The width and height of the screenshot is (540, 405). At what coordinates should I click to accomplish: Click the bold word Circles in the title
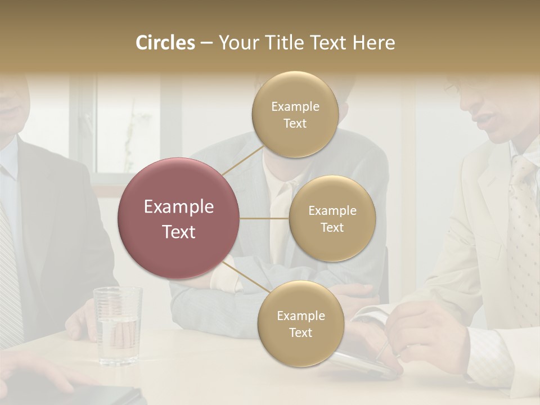(165, 43)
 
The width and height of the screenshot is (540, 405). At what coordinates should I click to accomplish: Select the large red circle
(179, 218)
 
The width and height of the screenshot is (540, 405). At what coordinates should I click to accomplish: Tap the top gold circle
(295, 115)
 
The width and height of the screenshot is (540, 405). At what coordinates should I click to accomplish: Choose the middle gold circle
(332, 218)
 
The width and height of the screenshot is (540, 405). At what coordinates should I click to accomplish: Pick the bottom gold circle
(300, 323)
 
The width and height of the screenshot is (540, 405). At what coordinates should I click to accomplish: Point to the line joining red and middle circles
(264, 218)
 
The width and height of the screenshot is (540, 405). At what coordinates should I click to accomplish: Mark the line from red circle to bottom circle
(244, 277)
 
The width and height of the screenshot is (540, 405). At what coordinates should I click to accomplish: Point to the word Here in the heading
(373, 43)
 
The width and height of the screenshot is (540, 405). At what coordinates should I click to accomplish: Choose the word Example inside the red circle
(179, 207)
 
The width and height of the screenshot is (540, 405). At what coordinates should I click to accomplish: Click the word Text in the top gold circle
(295, 124)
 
